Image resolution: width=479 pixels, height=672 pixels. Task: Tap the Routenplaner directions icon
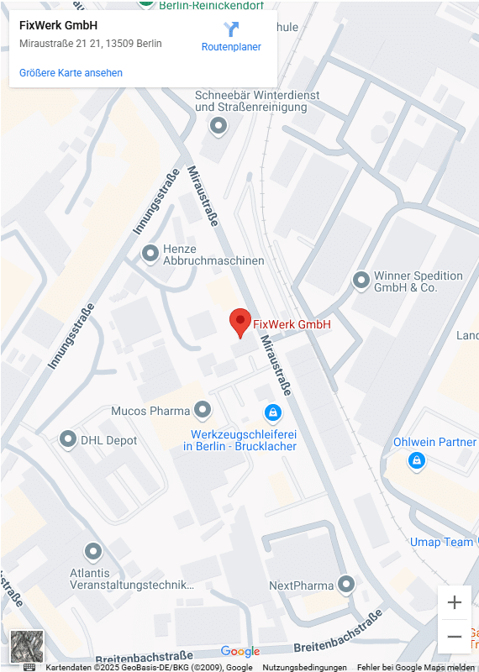coord(231,29)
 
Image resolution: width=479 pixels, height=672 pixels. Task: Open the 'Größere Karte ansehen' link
coord(71,73)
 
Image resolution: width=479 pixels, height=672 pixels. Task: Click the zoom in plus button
coord(455,602)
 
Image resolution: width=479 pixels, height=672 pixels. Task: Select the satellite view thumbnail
coord(27,645)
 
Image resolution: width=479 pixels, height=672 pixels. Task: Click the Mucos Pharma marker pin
coord(203,410)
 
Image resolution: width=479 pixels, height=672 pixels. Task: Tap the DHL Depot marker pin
coord(68,439)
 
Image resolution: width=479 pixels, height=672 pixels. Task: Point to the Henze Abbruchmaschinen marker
coord(150,252)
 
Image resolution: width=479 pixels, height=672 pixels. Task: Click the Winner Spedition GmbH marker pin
coord(361,280)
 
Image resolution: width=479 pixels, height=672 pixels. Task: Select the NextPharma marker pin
coord(346,584)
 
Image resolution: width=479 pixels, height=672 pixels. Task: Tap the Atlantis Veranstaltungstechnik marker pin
coord(93,552)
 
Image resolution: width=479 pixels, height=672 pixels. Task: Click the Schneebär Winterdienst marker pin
coord(218,127)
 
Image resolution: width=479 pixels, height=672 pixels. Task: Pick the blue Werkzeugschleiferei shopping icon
coord(271,412)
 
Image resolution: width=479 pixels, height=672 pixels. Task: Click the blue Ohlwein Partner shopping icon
coord(416,460)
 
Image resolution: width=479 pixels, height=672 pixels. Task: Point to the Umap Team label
coord(441,542)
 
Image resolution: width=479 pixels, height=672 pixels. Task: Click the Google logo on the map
coord(240,651)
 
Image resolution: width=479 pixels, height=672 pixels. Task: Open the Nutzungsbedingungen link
coord(304,667)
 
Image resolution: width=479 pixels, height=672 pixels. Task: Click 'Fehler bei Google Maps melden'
coord(415,667)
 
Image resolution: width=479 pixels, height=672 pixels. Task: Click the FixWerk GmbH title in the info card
coord(58,25)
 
